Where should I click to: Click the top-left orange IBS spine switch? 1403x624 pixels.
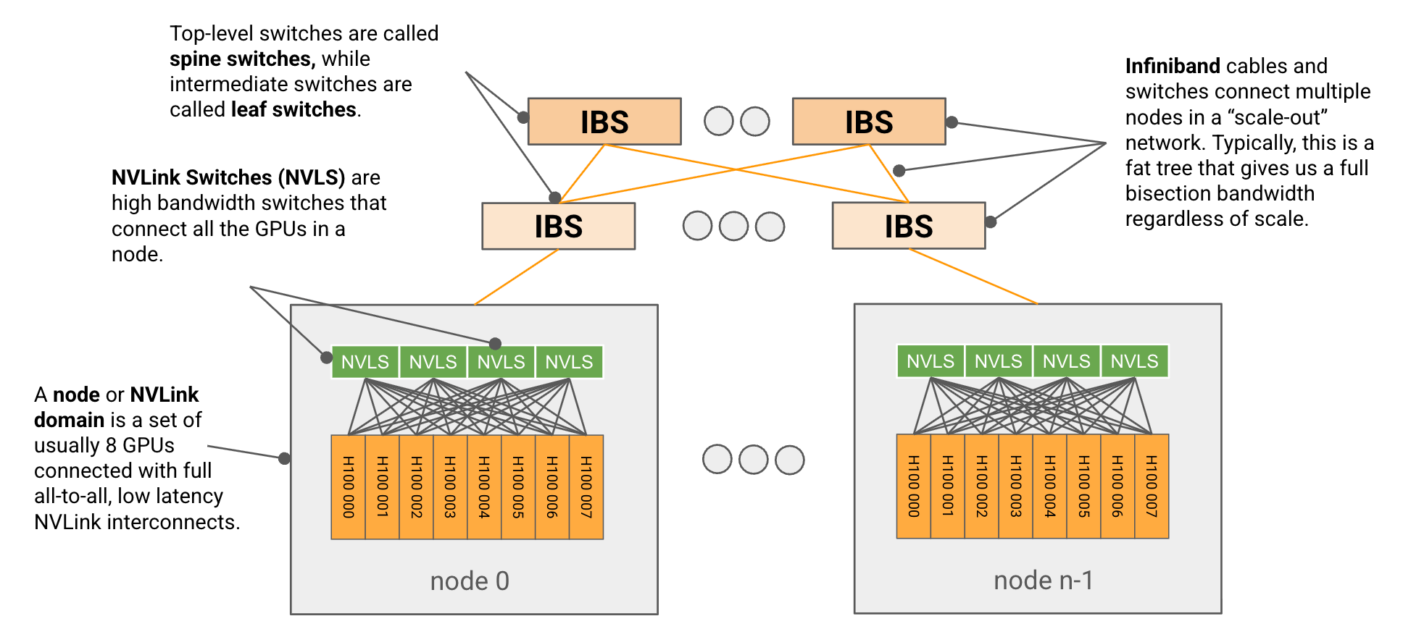tap(604, 122)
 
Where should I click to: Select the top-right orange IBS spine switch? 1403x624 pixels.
tap(869, 122)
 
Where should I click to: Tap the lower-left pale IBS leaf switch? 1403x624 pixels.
tap(559, 226)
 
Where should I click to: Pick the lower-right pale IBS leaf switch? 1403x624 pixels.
tap(909, 226)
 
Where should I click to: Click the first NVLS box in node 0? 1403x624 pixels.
tap(365, 362)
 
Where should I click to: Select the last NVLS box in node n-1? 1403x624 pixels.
tap(1135, 361)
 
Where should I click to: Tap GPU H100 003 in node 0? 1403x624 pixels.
tap(450, 487)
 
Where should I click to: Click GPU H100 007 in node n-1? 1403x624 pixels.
tap(1152, 486)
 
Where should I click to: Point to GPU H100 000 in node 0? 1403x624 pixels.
tap(349, 487)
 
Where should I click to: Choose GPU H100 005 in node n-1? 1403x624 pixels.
tap(1083, 486)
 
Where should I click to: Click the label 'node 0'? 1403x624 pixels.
tap(470, 581)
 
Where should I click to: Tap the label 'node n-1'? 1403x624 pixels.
tap(1044, 580)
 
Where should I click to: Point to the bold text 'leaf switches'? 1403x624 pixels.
tap(293, 109)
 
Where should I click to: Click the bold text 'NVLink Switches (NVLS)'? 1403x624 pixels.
tap(228, 177)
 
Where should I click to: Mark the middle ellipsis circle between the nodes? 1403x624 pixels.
tap(754, 460)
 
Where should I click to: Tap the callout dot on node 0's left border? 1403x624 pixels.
tap(285, 458)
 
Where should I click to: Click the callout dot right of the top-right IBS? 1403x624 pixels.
tap(952, 122)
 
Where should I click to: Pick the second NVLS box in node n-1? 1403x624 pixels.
tap(999, 361)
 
